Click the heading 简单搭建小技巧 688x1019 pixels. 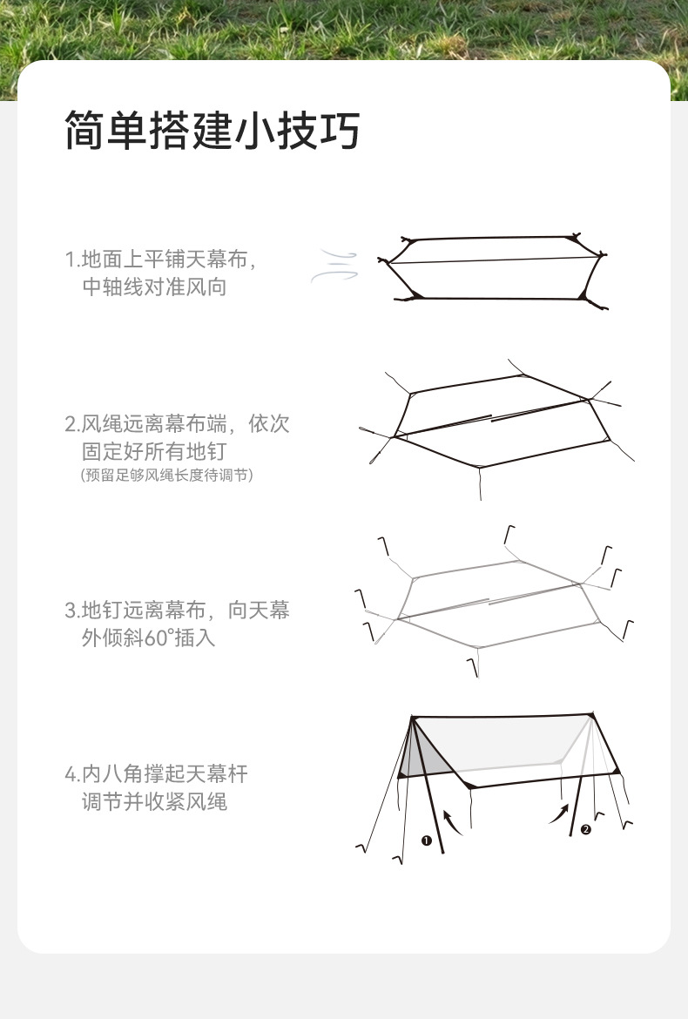(212, 130)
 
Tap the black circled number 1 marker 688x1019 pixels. (426, 840)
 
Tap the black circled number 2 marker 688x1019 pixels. (586, 829)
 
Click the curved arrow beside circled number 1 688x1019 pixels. (452, 821)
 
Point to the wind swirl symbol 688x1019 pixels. (334, 267)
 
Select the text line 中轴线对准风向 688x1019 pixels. (155, 287)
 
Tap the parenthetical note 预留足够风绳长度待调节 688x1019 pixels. (166, 475)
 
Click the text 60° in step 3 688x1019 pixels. (157, 638)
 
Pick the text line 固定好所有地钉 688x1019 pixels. (155, 451)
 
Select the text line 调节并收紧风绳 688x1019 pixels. (155, 801)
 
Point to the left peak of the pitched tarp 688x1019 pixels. (412, 718)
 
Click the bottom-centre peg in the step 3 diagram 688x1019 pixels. (473, 667)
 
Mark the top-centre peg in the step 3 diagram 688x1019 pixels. (509, 534)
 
